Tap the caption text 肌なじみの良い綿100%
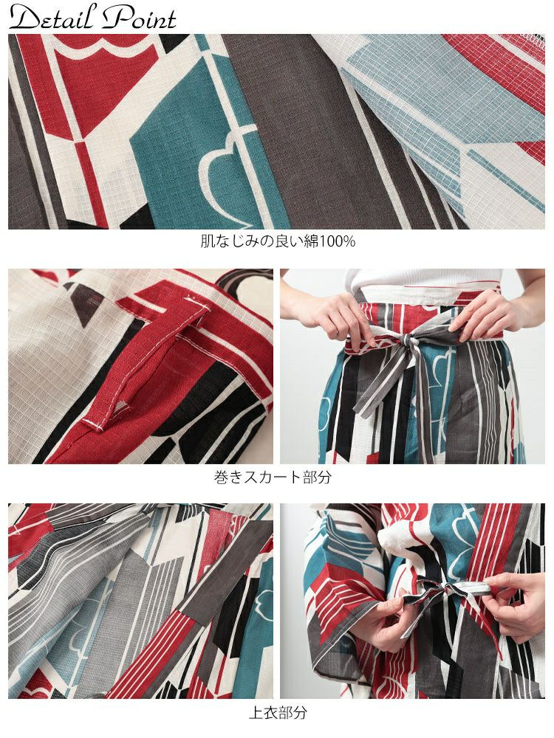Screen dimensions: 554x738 pyautogui.click(x=278, y=241)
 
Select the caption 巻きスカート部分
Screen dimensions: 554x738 pyautogui.click(x=273, y=477)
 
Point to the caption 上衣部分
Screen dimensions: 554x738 pyautogui.click(x=278, y=712)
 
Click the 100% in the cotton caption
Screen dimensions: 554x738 pyautogui.click(x=338, y=241)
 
